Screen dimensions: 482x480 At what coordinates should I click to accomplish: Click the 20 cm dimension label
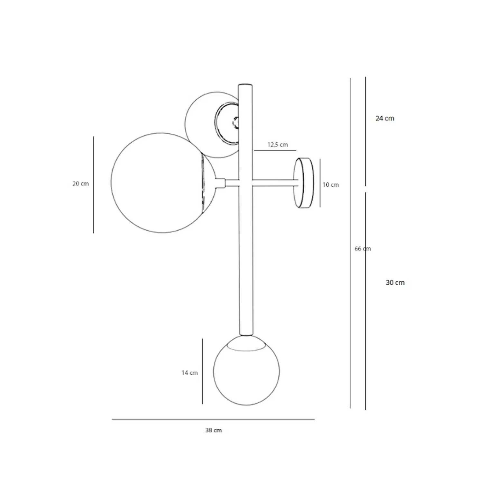point(80,184)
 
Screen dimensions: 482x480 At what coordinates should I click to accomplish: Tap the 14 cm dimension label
point(189,373)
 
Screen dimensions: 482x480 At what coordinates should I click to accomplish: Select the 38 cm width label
point(213,430)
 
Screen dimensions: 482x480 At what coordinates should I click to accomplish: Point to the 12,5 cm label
point(277,145)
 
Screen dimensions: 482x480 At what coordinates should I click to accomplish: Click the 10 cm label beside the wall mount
point(331,185)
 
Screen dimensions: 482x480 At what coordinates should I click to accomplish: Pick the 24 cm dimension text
point(385,118)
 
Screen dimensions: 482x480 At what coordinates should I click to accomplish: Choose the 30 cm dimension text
point(395,283)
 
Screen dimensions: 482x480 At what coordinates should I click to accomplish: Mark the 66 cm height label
point(362,249)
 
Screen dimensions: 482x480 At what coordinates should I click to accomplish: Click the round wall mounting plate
point(304,183)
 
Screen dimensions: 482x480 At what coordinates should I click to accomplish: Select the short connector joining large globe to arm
point(220,183)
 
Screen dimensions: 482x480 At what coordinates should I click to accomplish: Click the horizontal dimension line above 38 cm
point(213,419)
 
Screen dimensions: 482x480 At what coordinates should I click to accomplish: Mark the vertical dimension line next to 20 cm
point(94,185)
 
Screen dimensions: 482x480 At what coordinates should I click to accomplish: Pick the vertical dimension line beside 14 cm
point(203,371)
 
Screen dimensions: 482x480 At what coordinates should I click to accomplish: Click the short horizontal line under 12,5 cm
point(275,150)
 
